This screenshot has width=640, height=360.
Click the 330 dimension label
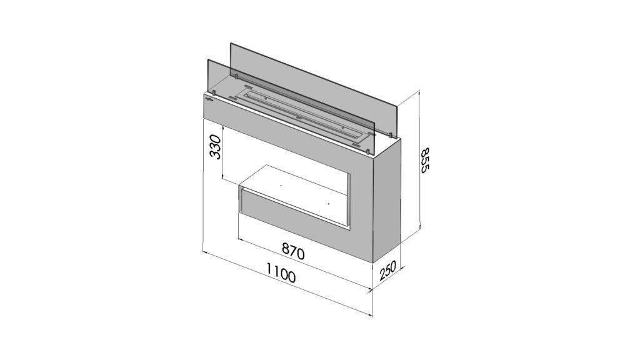[215, 147]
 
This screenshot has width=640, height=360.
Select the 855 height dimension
[425, 161]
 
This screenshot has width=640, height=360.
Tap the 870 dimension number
[293, 251]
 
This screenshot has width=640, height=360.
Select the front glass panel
[291, 107]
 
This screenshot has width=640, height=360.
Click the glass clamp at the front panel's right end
[368, 151]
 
